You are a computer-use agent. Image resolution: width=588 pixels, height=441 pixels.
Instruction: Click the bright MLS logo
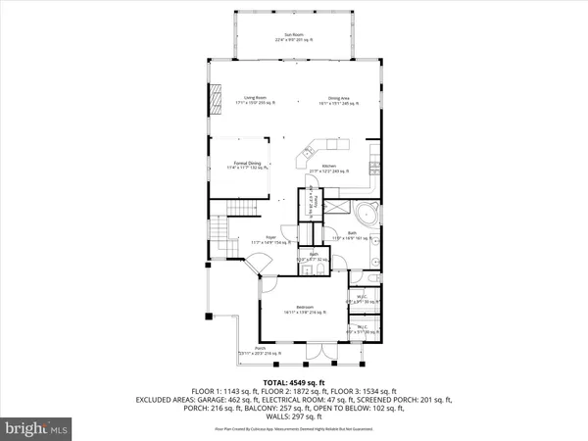tap(38, 428)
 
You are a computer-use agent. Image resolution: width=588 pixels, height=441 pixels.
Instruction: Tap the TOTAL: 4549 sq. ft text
tap(293, 381)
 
